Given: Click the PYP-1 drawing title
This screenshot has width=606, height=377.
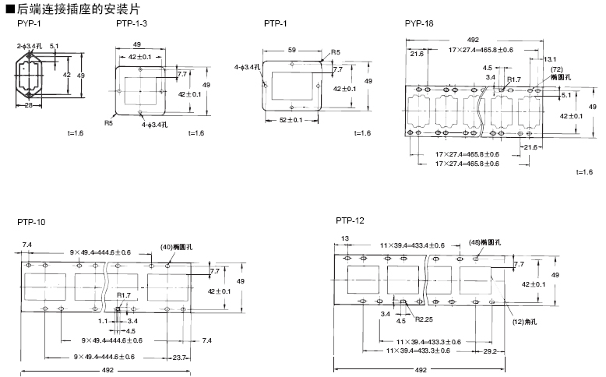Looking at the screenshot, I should pyautogui.click(x=30, y=23).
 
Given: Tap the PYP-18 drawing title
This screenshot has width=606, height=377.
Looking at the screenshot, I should pyautogui.click(x=419, y=23).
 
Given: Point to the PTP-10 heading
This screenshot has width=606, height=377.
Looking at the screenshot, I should pyautogui.click(x=31, y=222).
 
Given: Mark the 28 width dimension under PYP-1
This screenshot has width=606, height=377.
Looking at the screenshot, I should pyautogui.click(x=27, y=105).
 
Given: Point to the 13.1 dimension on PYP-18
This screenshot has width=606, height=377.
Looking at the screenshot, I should pyautogui.click(x=549, y=59).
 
